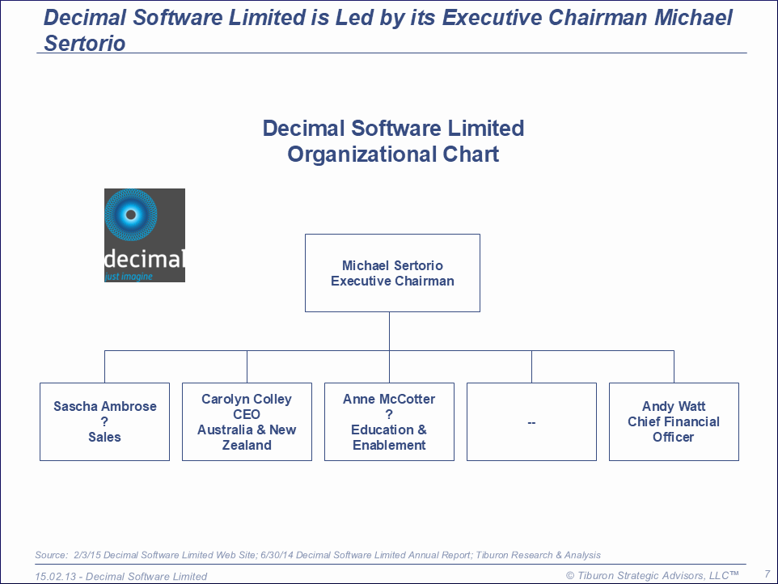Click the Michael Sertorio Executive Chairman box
tap(392, 273)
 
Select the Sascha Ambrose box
tap(104, 421)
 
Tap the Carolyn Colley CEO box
tap(247, 421)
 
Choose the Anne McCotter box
tap(390, 421)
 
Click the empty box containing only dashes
tap(532, 421)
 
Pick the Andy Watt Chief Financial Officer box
tap(674, 421)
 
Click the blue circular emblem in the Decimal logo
tap(131, 215)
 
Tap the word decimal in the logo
tap(145, 259)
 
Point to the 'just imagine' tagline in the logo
tap(129, 277)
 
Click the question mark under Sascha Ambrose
tap(104, 421)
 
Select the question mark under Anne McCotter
tap(389, 414)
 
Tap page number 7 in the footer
tap(767, 574)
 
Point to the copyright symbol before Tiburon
tap(570, 576)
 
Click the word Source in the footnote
tap(51, 555)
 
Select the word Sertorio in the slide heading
tap(85, 43)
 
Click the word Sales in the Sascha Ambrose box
tap(104, 437)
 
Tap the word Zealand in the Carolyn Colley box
tap(247, 445)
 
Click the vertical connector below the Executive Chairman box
tap(390, 332)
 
